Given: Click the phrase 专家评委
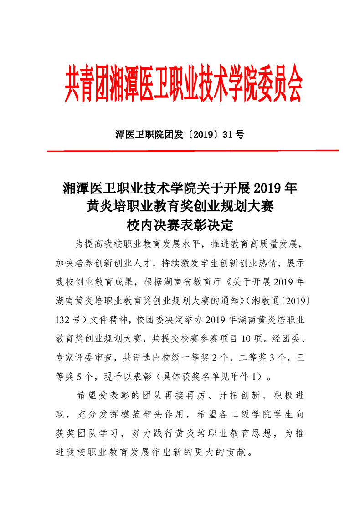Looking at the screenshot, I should [78, 357].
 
